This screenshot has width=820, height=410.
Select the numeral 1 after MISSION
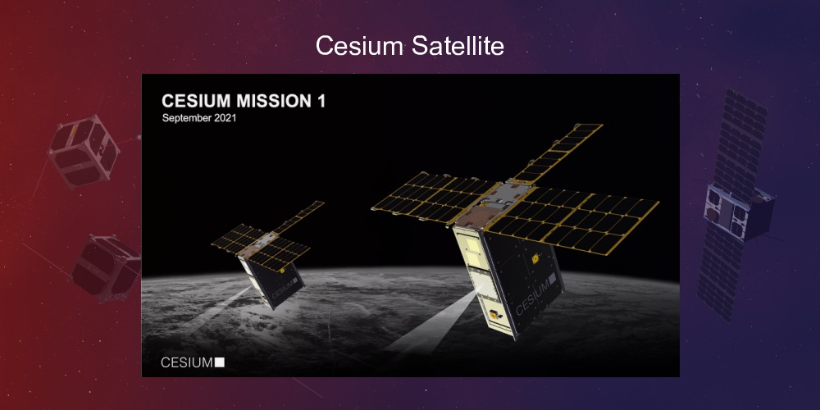click(x=321, y=102)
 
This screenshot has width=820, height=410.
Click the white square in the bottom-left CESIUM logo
click(x=219, y=362)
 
